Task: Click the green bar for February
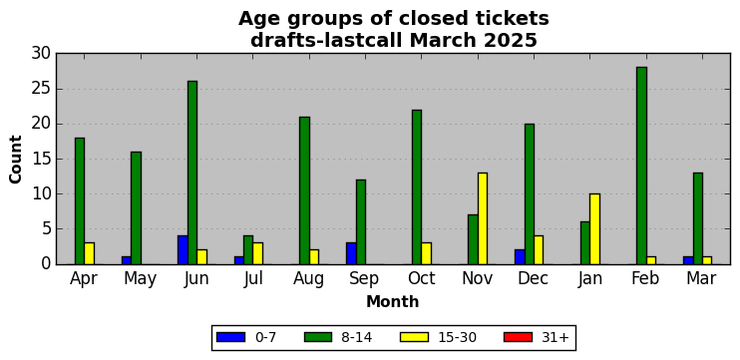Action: (x=641, y=166)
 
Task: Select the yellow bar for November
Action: (x=483, y=218)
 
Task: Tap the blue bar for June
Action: (x=183, y=250)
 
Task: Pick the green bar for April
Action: (x=80, y=201)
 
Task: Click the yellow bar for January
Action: (x=594, y=228)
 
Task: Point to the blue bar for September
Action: (x=351, y=253)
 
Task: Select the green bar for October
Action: (x=417, y=186)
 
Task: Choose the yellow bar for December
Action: (x=539, y=250)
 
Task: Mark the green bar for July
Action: (x=248, y=250)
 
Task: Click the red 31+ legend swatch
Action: (x=519, y=337)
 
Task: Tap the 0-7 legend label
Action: (x=266, y=338)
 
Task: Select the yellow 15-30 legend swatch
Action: (x=414, y=337)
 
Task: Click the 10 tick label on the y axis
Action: (x=41, y=193)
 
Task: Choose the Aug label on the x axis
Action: (x=308, y=279)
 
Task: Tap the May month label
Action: (x=141, y=279)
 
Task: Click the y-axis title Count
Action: (x=16, y=159)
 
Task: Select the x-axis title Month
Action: (x=393, y=301)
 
